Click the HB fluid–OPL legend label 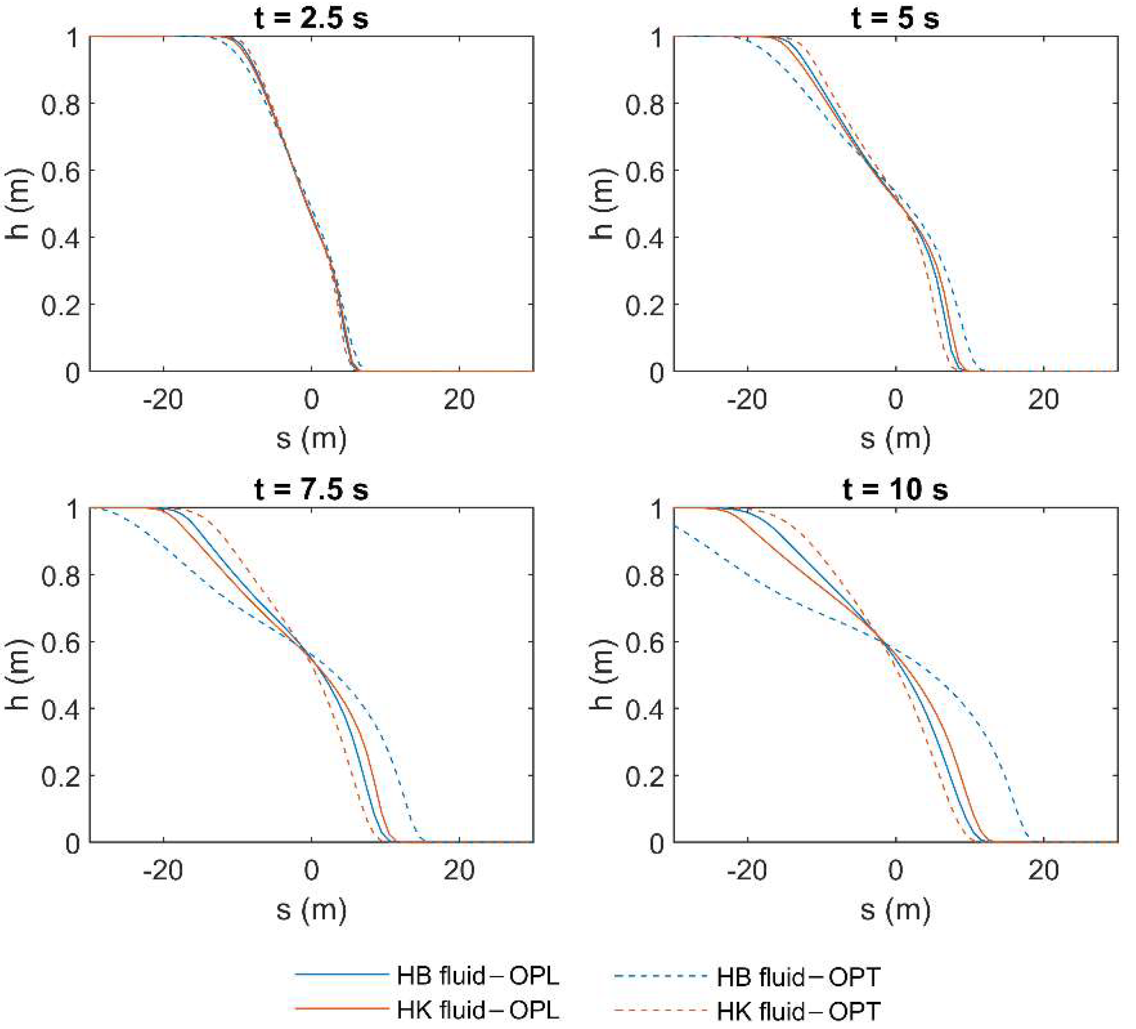[x=478, y=976]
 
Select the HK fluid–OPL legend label [x=478, y=1010]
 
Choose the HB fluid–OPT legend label [x=798, y=977]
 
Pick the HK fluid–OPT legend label [x=798, y=1011]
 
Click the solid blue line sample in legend [x=342, y=975]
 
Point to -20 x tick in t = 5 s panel [x=747, y=399]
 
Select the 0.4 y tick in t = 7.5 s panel [x=61, y=709]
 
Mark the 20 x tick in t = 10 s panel [x=1043, y=871]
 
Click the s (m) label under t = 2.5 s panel [x=311, y=439]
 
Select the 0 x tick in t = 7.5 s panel [x=311, y=871]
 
